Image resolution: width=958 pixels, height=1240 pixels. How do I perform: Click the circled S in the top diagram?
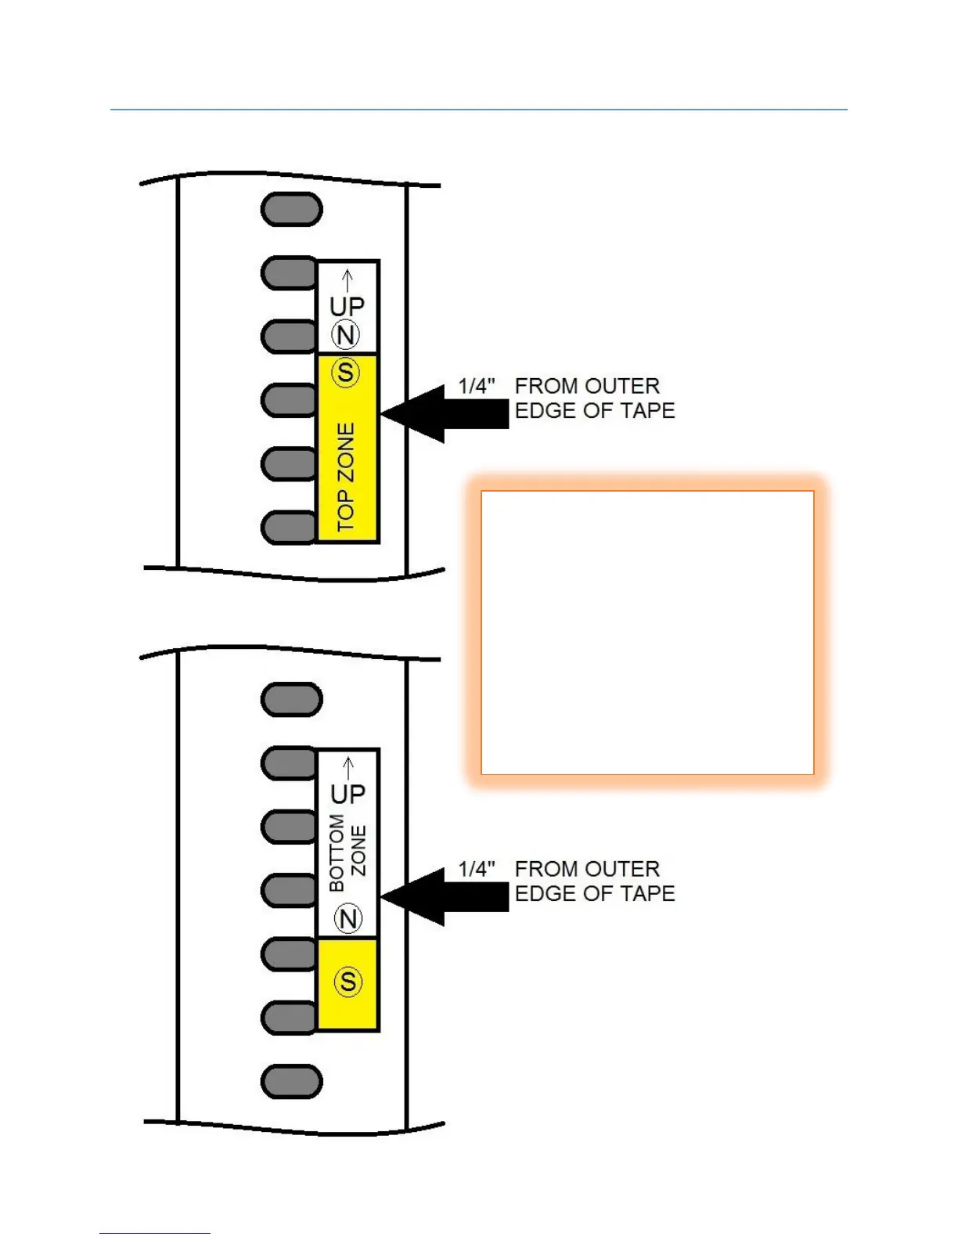coord(346,373)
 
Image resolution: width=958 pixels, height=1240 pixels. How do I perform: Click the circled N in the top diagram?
coord(346,335)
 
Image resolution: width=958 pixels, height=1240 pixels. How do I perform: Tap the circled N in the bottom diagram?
coord(348,918)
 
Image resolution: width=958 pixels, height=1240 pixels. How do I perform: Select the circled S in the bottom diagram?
coord(348,982)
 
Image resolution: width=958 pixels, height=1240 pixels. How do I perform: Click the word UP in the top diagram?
coord(347,306)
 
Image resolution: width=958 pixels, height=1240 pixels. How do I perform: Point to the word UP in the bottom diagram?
coord(348,795)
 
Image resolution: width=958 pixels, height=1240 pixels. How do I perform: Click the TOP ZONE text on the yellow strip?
coord(346,478)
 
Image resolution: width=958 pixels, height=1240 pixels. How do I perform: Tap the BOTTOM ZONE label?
coord(347,852)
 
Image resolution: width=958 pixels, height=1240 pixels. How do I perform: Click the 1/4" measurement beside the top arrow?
coord(477,386)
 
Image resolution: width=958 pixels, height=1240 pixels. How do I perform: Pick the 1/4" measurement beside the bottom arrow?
coord(477,869)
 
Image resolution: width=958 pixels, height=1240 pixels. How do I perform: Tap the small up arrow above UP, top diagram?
coord(348,279)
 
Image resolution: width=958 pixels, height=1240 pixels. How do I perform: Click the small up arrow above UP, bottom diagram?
coord(348,768)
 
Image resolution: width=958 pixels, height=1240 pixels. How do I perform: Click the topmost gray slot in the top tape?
coord(291,210)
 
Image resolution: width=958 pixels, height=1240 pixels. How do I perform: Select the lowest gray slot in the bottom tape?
coord(291,1082)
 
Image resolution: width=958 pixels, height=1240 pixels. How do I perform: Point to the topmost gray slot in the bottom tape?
coord(291,699)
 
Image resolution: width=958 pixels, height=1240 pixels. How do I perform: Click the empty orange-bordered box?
coord(647,633)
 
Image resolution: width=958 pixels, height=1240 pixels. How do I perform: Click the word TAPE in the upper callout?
coord(647,410)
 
